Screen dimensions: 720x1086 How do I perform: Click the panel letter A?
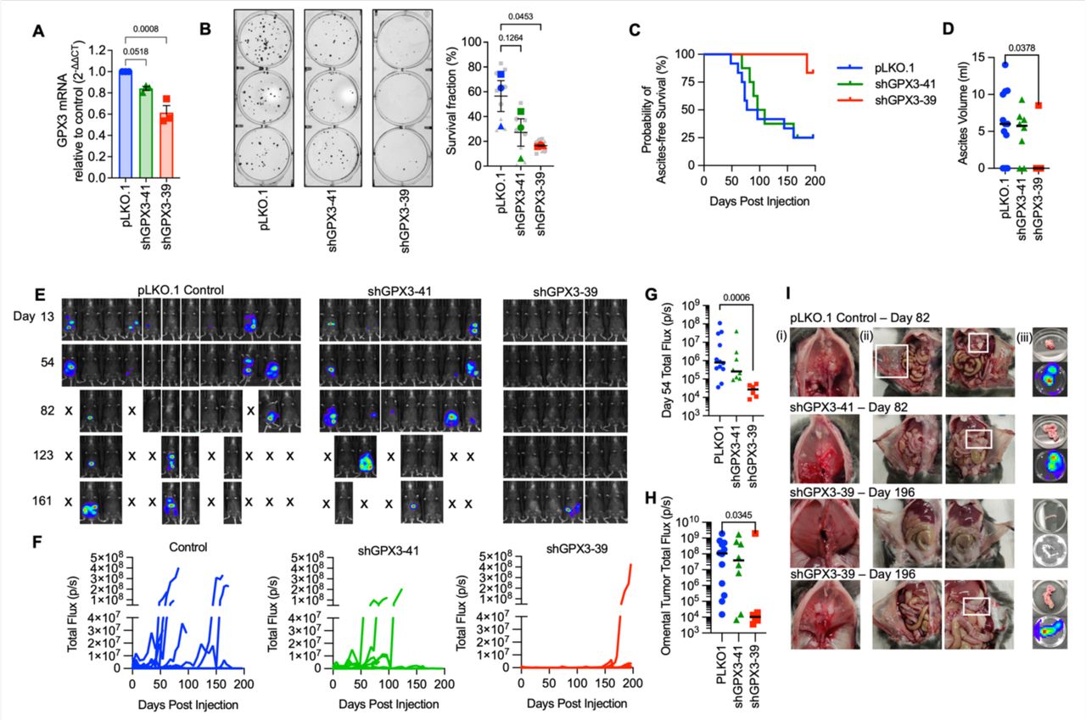click(x=38, y=31)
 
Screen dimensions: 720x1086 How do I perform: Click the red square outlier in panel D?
click(x=1038, y=106)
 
